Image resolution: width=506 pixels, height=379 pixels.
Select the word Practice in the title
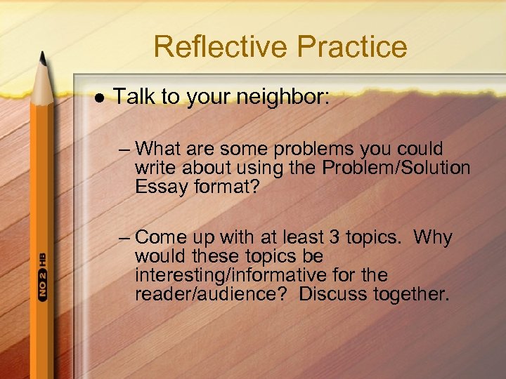tap(351, 47)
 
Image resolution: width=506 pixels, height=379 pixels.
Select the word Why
tap(433, 237)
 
